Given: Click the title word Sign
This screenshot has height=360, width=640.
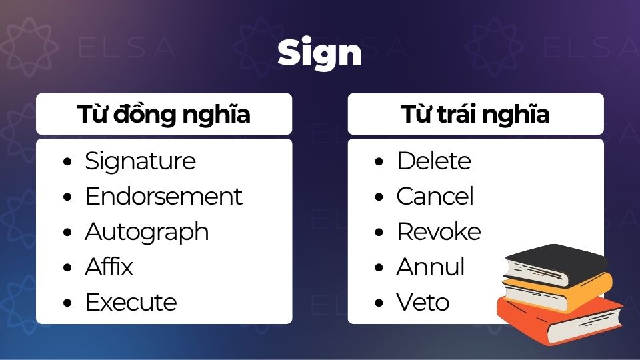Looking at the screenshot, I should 319,53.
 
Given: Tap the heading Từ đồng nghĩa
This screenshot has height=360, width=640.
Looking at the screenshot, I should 163,115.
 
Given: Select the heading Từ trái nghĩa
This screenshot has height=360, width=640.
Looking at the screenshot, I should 475,115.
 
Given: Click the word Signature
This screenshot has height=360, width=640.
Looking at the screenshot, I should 140,161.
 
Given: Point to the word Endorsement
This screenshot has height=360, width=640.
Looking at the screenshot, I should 163,197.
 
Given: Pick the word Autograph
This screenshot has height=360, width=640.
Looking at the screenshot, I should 147,232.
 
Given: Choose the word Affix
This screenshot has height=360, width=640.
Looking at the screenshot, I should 109,267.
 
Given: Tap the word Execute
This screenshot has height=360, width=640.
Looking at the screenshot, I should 131,303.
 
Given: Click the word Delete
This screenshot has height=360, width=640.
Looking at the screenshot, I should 433,161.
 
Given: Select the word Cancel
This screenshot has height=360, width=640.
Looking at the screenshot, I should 435,197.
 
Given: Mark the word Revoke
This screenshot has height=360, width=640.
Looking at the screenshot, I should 438,232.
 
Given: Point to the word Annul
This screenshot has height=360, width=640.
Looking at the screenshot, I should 430,267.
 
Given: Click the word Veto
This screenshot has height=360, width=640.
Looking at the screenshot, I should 423,303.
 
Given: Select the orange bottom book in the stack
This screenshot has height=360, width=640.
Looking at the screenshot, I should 560,320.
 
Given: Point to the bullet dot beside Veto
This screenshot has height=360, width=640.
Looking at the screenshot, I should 379,303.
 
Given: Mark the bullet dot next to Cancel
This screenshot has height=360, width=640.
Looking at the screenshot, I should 379,197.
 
